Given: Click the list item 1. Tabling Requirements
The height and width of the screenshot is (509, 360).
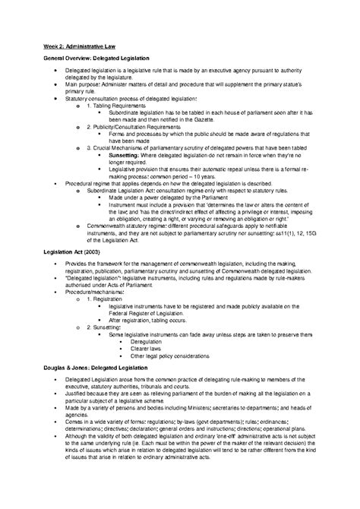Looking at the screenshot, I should tap(122, 103).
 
